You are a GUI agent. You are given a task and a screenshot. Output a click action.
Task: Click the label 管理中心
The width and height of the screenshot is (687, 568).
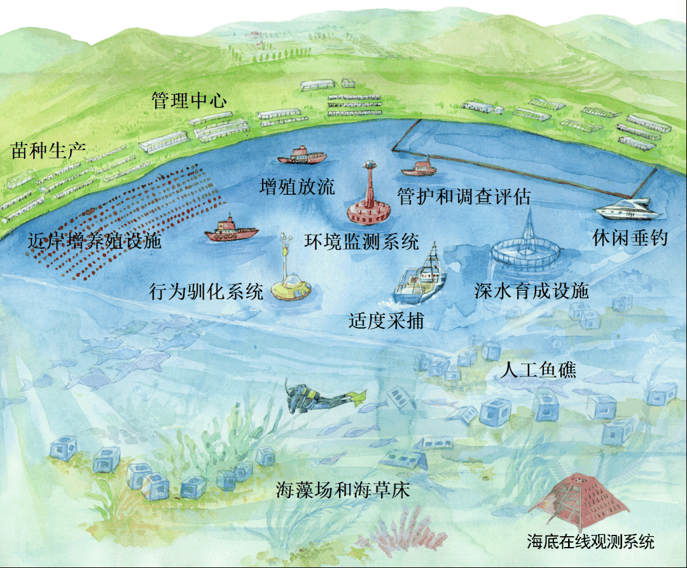(189, 100)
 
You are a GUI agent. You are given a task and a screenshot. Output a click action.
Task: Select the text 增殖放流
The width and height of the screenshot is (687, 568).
(298, 186)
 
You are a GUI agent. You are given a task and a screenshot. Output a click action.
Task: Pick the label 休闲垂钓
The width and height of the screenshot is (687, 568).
(630, 238)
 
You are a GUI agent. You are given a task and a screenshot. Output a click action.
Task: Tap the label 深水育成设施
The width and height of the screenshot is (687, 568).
(531, 291)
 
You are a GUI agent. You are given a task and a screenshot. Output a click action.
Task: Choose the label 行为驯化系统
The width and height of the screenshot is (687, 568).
(205, 292)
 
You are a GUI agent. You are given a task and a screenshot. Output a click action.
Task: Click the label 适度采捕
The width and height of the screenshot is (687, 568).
(386, 321)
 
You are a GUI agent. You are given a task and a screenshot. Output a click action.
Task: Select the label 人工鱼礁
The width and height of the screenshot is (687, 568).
(539, 370)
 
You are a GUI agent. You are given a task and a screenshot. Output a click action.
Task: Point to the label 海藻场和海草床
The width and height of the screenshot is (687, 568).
(343, 490)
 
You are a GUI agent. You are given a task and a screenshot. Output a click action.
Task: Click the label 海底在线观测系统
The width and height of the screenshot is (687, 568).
(590, 542)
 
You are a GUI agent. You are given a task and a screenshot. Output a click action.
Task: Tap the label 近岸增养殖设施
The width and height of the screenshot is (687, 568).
(95, 241)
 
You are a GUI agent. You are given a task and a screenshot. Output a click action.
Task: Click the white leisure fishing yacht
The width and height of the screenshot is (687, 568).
(624, 209)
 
